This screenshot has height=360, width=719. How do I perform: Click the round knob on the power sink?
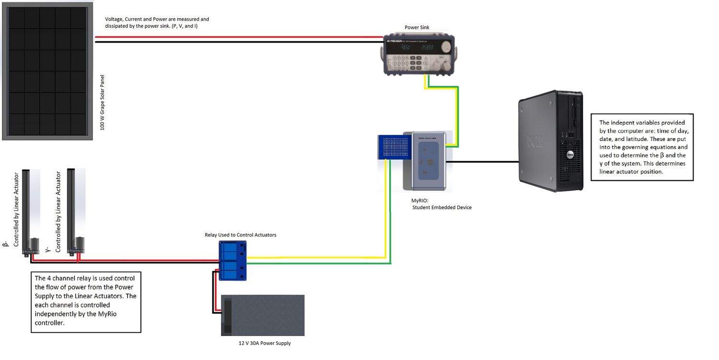446,47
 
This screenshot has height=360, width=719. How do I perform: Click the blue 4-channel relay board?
233,260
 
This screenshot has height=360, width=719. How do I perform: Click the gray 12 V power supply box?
263,315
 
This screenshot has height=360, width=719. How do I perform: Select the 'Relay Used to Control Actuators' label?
240,235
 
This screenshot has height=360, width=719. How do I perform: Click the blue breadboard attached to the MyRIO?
394,147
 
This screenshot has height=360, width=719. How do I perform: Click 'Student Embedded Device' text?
442,208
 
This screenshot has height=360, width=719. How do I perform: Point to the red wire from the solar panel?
240,36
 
